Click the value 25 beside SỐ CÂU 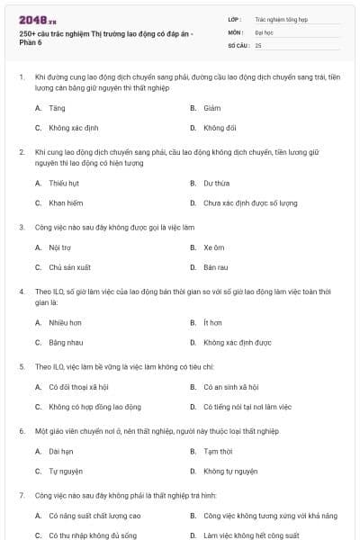coord(258,44)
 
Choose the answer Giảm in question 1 coord(212,107)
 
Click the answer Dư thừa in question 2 coord(216,183)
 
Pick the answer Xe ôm coord(213,247)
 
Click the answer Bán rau coord(215,267)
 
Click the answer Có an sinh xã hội coord(230,387)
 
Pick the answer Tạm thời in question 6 coord(218,451)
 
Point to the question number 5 coord(22,367)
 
